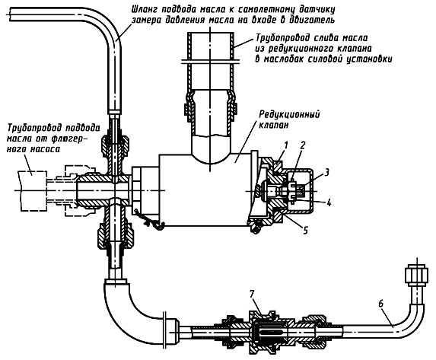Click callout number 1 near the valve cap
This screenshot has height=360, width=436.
point(286,145)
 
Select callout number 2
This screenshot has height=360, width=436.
point(303,145)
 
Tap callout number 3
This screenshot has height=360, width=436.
point(326,173)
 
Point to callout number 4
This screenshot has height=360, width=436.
point(329,202)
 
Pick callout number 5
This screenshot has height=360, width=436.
point(306,230)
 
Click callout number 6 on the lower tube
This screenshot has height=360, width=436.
point(381,304)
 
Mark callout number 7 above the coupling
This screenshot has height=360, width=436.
point(252,294)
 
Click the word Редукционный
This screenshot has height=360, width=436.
point(289,114)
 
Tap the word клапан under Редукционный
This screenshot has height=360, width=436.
point(274,125)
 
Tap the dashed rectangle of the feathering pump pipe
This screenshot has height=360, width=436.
point(32,190)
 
